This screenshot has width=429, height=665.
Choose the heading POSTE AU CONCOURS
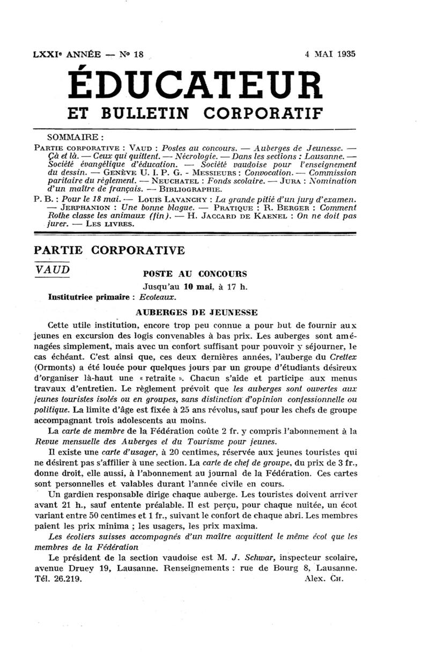click(194, 274)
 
